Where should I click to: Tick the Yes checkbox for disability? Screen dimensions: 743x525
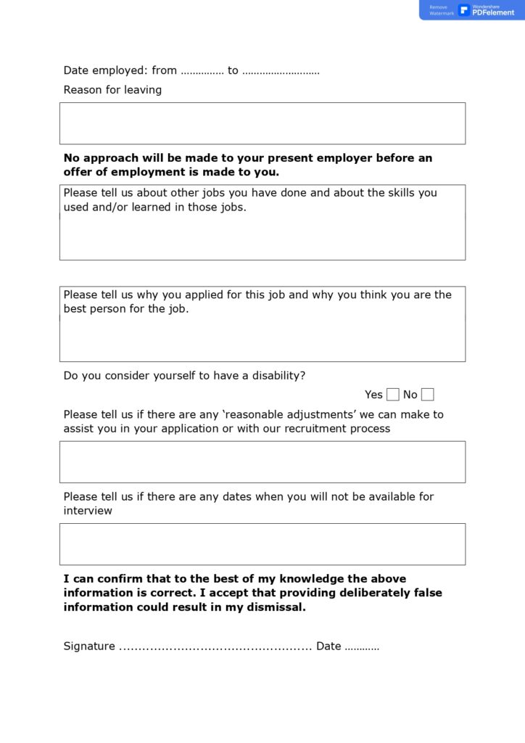[392, 395]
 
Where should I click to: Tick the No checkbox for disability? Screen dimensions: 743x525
[428, 395]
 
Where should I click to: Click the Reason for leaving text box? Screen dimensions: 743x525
[262, 123]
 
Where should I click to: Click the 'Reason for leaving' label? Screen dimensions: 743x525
[112, 90]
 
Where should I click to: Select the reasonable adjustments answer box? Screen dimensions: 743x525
[262, 461]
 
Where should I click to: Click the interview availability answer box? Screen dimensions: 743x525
[262, 544]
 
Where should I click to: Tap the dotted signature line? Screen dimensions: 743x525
[215, 646]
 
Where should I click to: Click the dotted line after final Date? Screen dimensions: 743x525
[362, 646]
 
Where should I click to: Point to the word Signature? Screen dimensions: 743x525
[89, 646]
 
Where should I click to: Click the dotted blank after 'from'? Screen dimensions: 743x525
[202, 71]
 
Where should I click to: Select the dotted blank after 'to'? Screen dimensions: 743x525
[281, 71]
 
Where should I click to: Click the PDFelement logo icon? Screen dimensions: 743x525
[464, 9]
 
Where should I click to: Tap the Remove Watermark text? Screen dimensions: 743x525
[441, 10]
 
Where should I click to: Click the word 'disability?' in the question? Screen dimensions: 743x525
[278, 376]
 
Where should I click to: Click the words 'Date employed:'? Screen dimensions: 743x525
[105, 70]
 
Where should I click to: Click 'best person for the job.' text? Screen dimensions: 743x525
[125, 309]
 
